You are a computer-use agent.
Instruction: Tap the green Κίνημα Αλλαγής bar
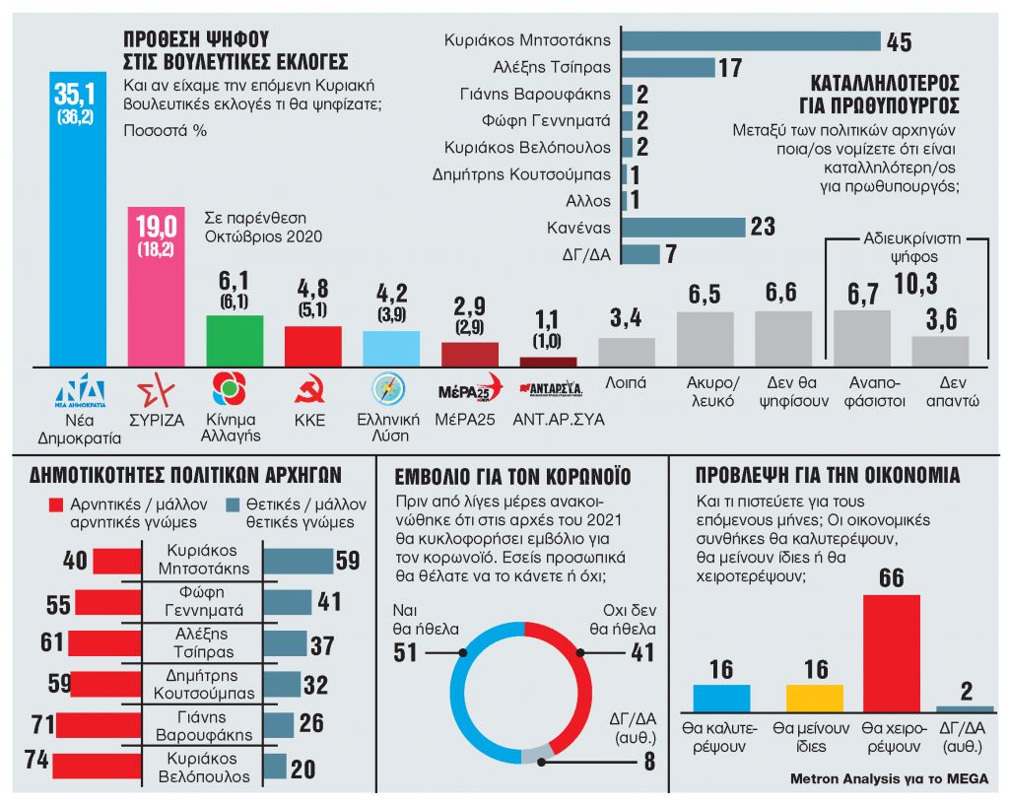[x=235, y=341]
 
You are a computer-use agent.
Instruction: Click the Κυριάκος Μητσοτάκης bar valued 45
[x=751, y=40]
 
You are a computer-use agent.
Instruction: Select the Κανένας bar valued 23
[x=683, y=227]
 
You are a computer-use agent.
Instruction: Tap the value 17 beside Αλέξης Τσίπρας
[x=729, y=68]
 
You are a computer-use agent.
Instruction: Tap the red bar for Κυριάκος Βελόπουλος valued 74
[x=97, y=767]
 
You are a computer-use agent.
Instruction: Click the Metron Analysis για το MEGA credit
[x=889, y=778]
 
